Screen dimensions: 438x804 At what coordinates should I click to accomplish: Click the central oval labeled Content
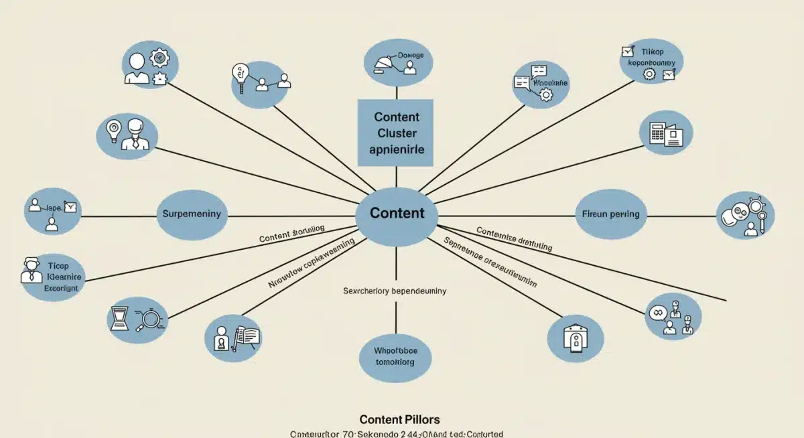click(397, 214)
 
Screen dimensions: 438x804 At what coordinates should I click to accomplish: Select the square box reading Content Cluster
click(396, 133)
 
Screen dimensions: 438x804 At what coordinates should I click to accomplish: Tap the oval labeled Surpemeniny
click(192, 215)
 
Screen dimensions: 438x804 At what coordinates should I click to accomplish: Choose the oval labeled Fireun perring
click(607, 215)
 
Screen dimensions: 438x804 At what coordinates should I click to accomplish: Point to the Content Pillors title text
click(399, 419)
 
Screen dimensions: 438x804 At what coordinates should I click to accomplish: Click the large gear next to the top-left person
click(159, 59)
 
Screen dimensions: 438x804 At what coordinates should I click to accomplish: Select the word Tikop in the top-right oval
click(651, 51)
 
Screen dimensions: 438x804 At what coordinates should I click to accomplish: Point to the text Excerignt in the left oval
click(61, 287)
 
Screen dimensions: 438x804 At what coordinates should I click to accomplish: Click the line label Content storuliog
click(291, 233)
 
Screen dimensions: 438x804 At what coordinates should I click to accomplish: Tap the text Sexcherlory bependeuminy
click(394, 291)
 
